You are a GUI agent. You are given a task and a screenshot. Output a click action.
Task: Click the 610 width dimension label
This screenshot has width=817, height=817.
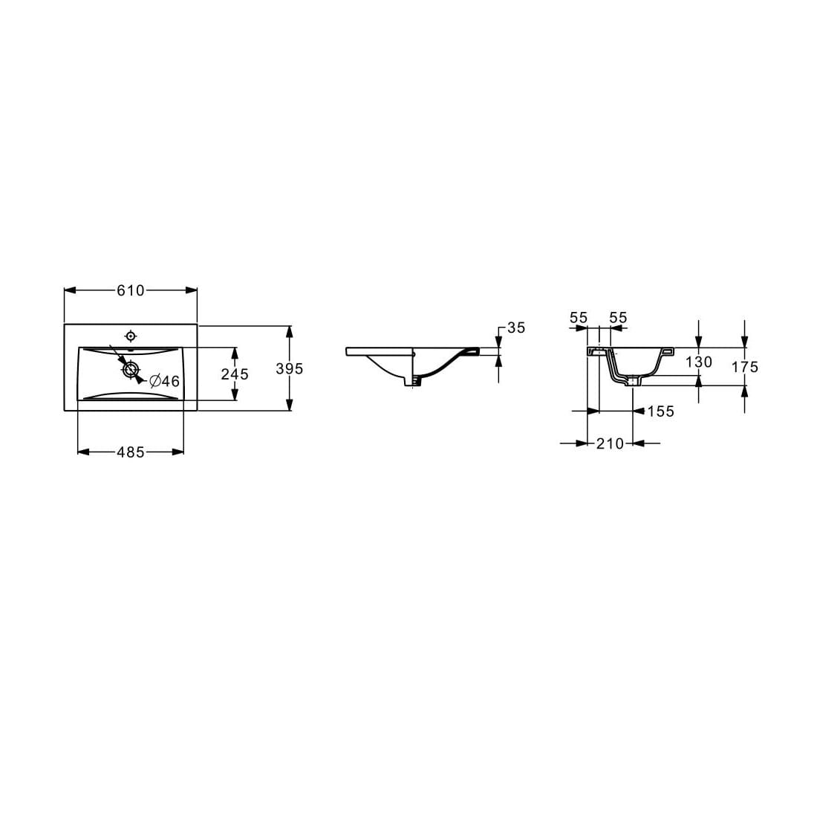point(130,290)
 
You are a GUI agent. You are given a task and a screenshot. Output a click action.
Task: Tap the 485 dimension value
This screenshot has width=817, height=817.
point(130,452)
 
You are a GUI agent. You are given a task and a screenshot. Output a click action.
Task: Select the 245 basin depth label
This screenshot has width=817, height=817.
point(235,374)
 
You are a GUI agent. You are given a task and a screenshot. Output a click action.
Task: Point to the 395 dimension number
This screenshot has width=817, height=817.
point(289,368)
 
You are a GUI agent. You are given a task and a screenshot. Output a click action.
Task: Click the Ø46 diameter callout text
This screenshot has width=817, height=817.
point(164,382)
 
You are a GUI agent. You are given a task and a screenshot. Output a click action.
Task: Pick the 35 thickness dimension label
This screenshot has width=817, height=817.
point(516,328)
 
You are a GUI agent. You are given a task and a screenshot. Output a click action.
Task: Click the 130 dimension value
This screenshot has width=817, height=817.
point(699,362)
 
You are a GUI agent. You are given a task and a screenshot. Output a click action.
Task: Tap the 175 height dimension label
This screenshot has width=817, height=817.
point(744,367)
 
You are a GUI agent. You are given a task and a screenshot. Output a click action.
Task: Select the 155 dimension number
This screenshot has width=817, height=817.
point(661,411)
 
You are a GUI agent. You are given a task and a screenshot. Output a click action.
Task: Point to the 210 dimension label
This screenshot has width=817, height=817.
point(610,444)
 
